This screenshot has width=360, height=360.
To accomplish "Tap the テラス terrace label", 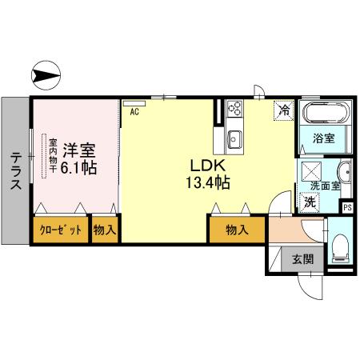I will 16,171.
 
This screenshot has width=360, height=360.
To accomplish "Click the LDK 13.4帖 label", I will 210,174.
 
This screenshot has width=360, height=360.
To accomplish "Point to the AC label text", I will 134,112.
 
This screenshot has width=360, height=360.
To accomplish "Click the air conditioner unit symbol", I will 134,102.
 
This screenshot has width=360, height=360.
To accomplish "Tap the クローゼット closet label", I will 61,230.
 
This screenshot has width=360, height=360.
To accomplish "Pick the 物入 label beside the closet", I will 105,230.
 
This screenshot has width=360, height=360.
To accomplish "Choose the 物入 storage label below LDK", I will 235,230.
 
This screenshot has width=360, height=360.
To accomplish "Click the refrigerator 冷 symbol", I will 283,110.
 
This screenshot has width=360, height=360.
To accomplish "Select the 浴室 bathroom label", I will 323,138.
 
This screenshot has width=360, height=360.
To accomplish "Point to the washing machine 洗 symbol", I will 310,202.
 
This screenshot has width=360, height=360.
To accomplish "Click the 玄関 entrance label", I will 302,258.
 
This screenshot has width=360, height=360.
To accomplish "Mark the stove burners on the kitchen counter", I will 236,108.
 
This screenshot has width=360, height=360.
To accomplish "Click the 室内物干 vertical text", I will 43,155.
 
